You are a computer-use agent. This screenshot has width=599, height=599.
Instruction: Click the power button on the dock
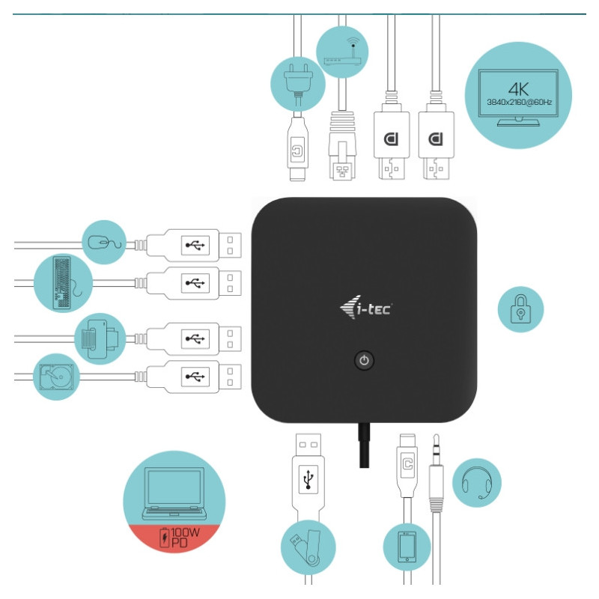(x=364, y=360)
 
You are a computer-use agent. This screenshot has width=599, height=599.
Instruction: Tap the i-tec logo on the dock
(x=366, y=307)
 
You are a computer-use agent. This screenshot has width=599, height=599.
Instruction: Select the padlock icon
(x=520, y=309)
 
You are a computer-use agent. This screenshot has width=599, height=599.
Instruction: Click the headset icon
(x=477, y=483)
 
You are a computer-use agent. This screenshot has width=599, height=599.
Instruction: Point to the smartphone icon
(x=407, y=547)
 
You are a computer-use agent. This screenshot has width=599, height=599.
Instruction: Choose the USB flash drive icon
(x=308, y=547)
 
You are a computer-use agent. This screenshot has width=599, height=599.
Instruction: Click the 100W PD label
(x=180, y=537)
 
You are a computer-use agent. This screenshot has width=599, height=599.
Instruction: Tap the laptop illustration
(x=174, y=493)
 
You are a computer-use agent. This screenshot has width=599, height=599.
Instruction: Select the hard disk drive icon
(x=57, y=377)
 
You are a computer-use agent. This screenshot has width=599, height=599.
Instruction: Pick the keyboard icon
(x=62, y=283)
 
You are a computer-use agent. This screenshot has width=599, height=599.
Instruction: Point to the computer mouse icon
(x=105, y=243)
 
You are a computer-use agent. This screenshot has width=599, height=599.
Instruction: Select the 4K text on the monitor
(x=518, y=89)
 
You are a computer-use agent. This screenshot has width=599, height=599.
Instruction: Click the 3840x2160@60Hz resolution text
(x=519, y=102)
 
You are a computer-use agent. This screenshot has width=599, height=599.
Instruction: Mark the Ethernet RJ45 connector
(x=342, y=145)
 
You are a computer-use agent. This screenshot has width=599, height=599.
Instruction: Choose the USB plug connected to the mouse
(x=194, y=246)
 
